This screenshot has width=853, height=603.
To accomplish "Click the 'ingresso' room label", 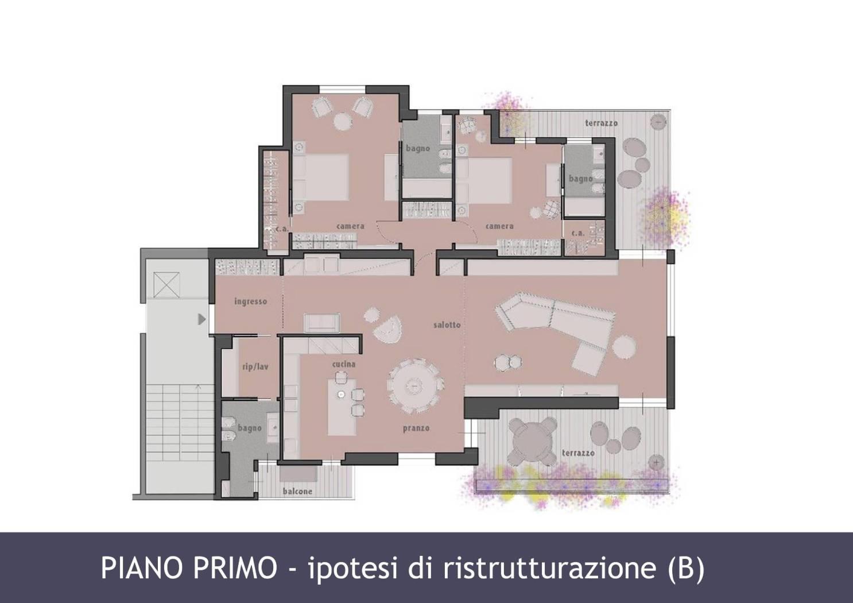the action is coord(251,302).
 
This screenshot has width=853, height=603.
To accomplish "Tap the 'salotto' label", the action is coord(447,325).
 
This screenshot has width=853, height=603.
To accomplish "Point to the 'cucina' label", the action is coord(344,364).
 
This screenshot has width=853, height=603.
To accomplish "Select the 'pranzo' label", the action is coord(416,428).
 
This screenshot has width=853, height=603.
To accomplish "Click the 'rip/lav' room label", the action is coord(255,367).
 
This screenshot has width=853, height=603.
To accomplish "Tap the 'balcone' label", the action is coord(297,492).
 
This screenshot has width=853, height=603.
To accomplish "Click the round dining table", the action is coord(415,386).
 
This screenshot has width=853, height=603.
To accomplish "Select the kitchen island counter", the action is coord(342,407).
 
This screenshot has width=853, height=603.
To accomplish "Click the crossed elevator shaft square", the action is coord(166,284).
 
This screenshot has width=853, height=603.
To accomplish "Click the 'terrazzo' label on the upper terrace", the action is coord(601,123).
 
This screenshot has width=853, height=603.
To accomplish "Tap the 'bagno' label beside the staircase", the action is coord(250,428).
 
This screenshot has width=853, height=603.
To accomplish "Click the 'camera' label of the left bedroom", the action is coord(350,226).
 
